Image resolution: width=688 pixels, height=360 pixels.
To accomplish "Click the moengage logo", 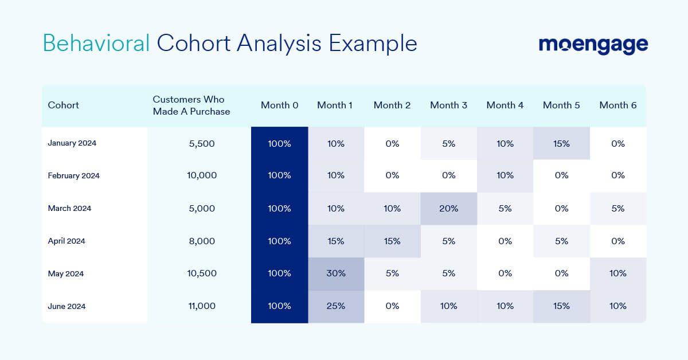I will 593,45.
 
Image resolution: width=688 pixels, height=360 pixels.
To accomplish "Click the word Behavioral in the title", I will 96,43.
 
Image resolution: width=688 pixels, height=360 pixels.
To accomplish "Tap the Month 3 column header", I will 448,105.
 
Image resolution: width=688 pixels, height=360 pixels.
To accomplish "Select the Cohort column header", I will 64,105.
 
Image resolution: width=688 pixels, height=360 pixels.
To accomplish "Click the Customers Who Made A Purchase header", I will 191,105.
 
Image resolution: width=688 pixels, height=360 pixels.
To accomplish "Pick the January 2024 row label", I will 72,143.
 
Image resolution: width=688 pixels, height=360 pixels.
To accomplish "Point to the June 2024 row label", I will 67,306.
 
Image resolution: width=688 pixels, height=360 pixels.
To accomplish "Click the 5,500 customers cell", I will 202,143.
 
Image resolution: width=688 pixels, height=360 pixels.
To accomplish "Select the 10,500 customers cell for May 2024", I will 202,273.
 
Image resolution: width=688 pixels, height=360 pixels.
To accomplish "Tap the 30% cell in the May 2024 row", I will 336,273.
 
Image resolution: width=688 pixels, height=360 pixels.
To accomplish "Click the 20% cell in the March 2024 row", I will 448,208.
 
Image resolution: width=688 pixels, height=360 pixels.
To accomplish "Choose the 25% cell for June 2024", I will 336,306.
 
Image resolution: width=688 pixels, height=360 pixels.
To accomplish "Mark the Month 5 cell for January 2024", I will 561,143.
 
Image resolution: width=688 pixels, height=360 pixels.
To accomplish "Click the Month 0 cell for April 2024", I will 279,241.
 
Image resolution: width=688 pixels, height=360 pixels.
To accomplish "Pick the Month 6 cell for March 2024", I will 617,208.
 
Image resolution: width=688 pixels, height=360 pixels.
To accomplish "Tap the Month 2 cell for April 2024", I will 392,241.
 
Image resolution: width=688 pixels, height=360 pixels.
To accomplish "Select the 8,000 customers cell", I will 202,241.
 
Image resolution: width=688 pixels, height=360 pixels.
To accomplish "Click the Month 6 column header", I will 617,105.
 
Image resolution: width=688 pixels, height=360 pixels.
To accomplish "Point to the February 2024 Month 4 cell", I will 505,175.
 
